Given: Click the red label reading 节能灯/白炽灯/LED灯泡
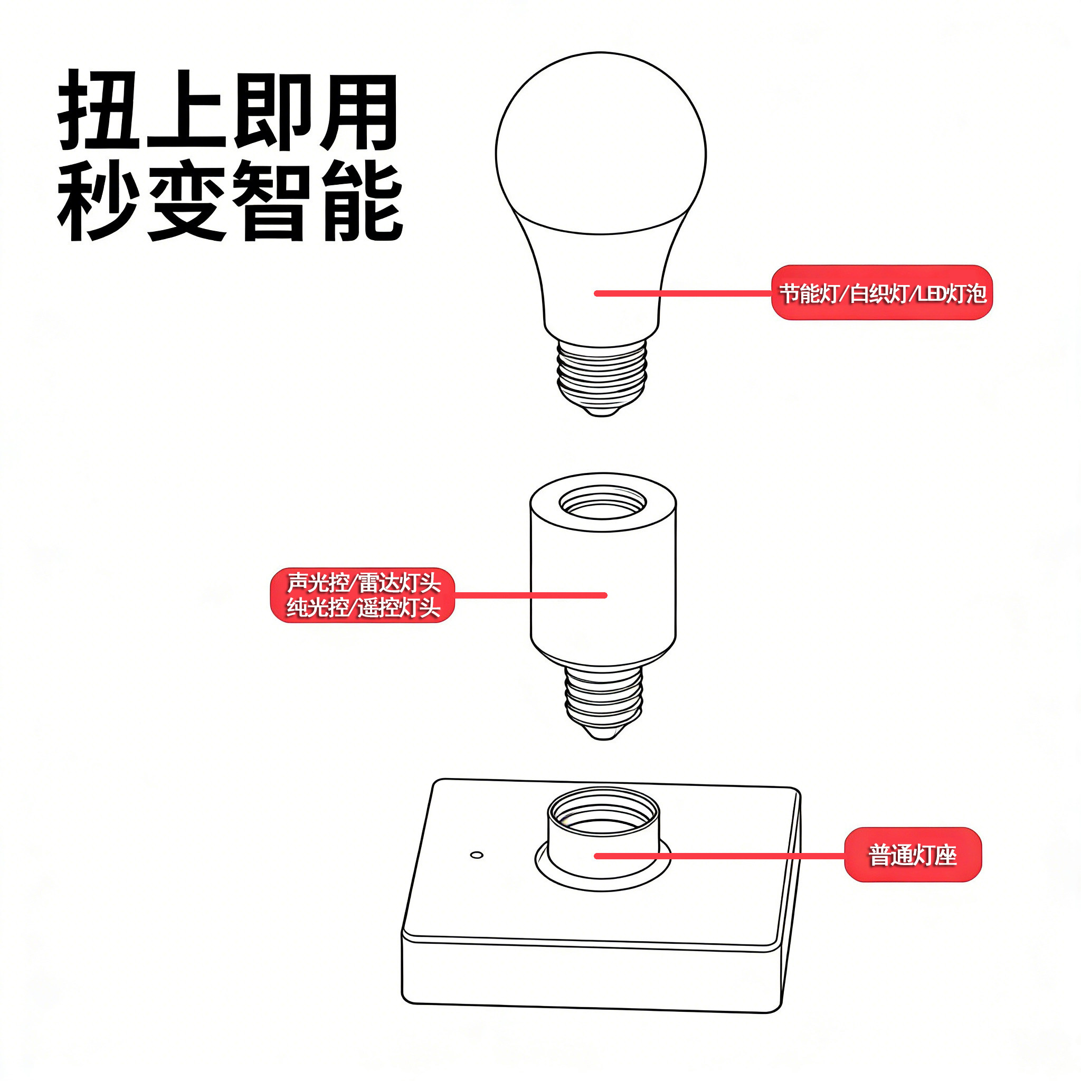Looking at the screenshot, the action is coord(881,292).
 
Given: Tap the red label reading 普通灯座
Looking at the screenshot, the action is coord(912,855).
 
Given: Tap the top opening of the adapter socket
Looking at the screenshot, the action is coord(603,502).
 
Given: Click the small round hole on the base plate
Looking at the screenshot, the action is coord(477,855).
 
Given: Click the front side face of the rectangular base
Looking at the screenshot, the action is coord(590,976).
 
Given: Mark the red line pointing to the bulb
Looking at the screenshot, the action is coord(682,293).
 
